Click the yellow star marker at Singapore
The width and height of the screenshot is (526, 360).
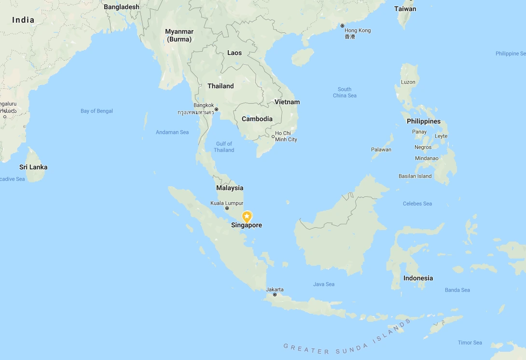pos(247,217)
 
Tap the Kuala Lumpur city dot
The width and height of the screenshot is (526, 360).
pos(227,208)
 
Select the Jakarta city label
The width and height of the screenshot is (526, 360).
pos(275,290)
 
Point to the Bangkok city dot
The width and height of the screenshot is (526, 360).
pos(216,109)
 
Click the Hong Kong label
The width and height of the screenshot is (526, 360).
pos(358,30)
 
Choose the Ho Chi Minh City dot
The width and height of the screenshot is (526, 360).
pos(273,137)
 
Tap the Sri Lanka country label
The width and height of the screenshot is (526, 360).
pos(33,167)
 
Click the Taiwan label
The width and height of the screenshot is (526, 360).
pos(405,9)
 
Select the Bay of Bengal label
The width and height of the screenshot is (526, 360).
pos(97,111)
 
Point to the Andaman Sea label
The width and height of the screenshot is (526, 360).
pos(172,132)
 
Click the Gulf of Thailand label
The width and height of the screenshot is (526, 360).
pos(224,147)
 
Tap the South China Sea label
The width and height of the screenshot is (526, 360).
pos(345,92)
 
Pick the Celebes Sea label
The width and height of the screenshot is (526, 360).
pos(417,204)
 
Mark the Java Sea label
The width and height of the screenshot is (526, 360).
pos(323,284)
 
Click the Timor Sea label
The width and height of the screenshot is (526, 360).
pos(470,343)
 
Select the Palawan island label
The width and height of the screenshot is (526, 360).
pos(381,150)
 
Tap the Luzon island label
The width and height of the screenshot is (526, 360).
pos(408,82)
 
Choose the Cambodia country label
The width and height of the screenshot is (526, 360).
pos(257,119)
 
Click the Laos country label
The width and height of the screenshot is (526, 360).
pos(235,53)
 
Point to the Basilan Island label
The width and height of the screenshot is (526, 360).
pos(415,176)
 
